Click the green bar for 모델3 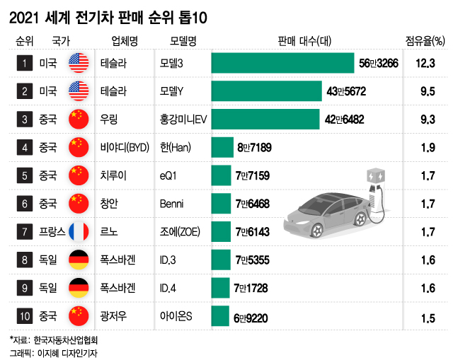coord(282,64)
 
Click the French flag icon coord(78,231)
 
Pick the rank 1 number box coord(25,64)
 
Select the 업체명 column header coord(124,40)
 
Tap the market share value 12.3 coord(425,64)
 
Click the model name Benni coord(173,203)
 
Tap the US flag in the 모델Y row coord(78,91)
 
